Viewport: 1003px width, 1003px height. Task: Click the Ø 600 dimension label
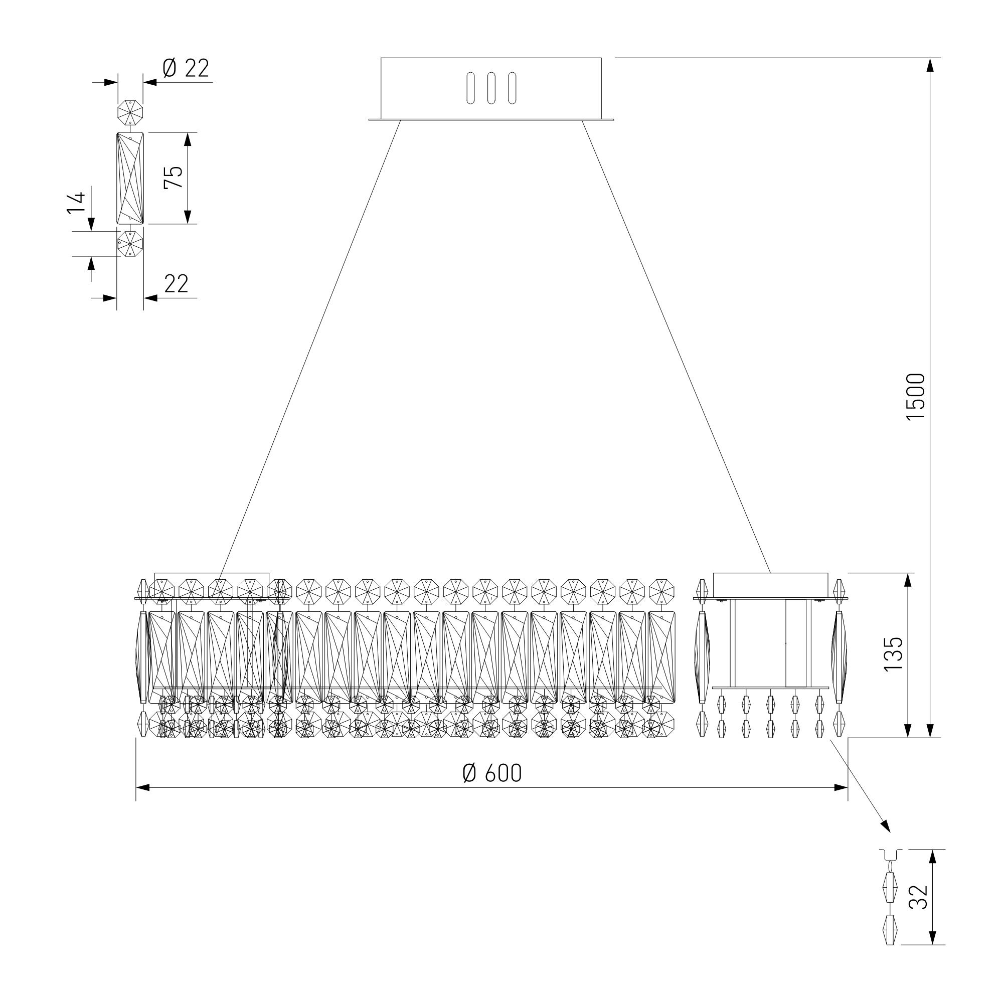coord(491,773)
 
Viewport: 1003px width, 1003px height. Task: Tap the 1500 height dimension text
coord(915,397)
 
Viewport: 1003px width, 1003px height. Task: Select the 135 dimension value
coord(894,653)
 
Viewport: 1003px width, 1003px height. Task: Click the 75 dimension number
coord(174,177)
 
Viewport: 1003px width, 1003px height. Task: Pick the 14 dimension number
coord(75,203)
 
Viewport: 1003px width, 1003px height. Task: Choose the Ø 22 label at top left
coord(186,68)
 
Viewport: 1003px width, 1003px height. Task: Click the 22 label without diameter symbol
coord(176,284)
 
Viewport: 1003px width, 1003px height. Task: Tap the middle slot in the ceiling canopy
coord(490,88)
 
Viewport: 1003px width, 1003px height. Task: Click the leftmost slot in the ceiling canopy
coord(470,88)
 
